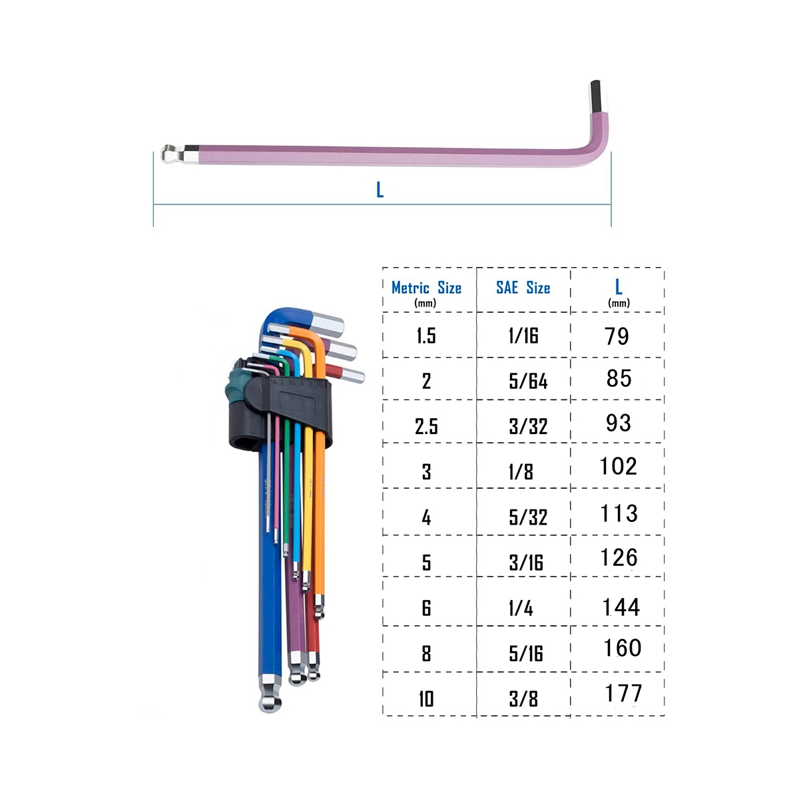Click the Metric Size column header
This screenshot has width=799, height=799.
pos(426,288)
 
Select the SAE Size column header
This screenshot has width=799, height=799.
pos(523,288)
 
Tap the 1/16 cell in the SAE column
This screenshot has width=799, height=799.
pos(523,336)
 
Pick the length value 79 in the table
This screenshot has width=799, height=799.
pos(617,336)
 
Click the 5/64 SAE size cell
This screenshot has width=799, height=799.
pos(528,381)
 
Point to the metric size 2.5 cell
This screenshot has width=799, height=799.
pos(426,426)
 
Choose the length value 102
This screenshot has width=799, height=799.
pos(618,466)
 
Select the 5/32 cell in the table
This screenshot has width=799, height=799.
pos(528,517)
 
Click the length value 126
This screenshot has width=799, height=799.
pos(619,558)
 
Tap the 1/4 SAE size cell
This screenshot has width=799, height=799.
pos(521,609)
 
